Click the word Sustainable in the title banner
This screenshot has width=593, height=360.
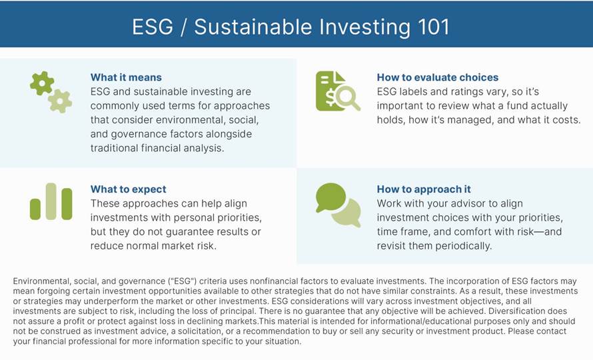pyautogui.click(x=253, y=27)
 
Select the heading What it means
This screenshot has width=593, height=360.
pyautogui.click(x=126, y=77)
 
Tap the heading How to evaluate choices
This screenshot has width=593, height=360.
pyautogui.click(x=438, y=77)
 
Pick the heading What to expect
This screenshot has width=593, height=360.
pyautogui.click(x=128, y=189)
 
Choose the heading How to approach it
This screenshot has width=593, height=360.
pyautogui.click(x=424, y=189)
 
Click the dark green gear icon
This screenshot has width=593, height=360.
pyautogui.click(x=41, y=83)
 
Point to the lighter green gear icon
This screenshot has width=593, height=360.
pyautogui.click(x=60, y=101)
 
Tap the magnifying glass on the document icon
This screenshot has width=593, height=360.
pyautogui.click(x=347, y=97)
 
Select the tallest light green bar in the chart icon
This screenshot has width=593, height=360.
pyautogui.click(x=51, y=201)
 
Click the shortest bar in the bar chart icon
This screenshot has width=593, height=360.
pyautogui.click(x=35, y=209)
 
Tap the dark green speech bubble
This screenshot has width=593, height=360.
pyautogui.click(x=330, y=197)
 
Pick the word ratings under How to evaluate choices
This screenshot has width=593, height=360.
pyautogui.click(x=454, y=92)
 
